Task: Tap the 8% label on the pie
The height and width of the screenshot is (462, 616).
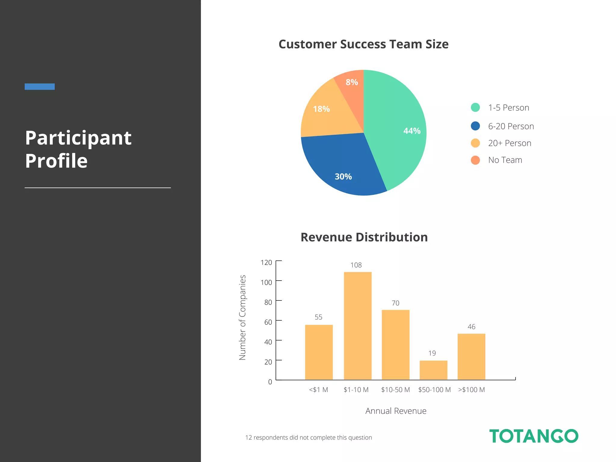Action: (x=352, y=82)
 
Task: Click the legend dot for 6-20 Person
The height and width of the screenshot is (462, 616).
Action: (x=475, y=126)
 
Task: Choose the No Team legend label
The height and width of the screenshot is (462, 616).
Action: (x=505, y=160)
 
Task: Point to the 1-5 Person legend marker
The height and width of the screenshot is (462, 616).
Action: (x=475, y=107)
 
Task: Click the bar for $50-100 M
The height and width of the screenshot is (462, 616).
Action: (x=433, y=370)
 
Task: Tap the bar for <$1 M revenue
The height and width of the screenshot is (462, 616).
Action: (x=319, y=352)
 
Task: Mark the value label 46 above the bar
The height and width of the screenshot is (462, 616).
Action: (x=471, y=327)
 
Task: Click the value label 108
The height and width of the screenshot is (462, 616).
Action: (x=356, y=265)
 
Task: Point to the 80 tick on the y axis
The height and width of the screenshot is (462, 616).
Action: (x=268, y=302)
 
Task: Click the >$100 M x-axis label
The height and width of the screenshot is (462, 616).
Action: (x=471, y=390)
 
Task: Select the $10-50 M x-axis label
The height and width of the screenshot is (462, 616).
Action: (x=395, y=390)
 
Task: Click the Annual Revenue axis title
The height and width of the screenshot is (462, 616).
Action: (x=396, y=411)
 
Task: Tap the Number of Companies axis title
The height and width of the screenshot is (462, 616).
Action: (x=242, y=317)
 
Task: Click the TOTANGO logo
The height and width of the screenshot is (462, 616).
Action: (x=534, y=436)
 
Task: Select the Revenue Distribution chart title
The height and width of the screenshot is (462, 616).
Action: (x=364, y=237)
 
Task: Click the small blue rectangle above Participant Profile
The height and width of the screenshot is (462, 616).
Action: (x=40, y=87)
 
